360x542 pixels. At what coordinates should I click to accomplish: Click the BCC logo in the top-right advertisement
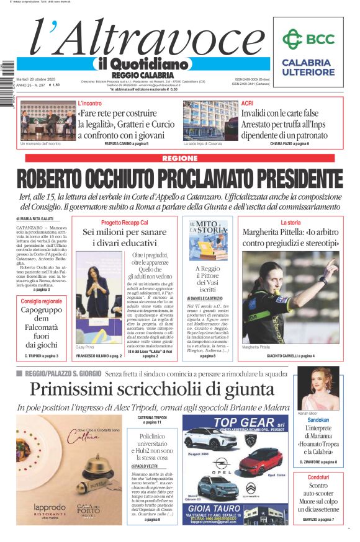[307, 39]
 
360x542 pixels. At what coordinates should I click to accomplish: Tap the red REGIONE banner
[180, 159]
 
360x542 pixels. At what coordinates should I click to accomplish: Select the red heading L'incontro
[90, 103]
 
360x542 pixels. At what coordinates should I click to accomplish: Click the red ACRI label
[248, 103]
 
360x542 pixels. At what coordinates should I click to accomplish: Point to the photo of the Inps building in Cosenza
[209, 121]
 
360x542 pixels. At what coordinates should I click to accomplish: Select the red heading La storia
[290, 223]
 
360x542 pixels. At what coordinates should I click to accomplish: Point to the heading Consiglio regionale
[41, 301]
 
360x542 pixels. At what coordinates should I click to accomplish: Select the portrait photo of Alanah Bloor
[318, 388]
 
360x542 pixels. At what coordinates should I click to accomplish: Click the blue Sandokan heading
[318, 420]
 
